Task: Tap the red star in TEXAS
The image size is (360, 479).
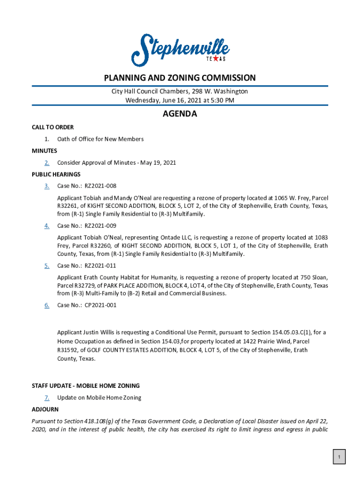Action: [216, 59]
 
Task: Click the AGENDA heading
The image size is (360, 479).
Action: [180, 114]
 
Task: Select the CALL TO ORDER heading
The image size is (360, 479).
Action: [52, 127]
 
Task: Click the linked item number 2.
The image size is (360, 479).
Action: [47, 163]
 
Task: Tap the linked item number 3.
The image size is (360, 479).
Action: [47, 186]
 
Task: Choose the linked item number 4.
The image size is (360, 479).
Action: [47, 226]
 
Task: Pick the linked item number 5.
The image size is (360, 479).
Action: [47, 266]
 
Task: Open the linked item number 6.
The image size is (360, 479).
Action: [47, 305]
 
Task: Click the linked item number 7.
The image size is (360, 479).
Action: [47, 398]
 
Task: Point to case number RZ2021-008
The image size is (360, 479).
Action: [100, 186]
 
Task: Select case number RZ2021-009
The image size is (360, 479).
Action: [100, 226]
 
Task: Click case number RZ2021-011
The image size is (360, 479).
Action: [100, 266]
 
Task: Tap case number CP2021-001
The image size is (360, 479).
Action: [100, 305]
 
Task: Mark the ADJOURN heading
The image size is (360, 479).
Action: [45, 409]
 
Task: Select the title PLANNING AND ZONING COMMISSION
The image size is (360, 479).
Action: [180, 78]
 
